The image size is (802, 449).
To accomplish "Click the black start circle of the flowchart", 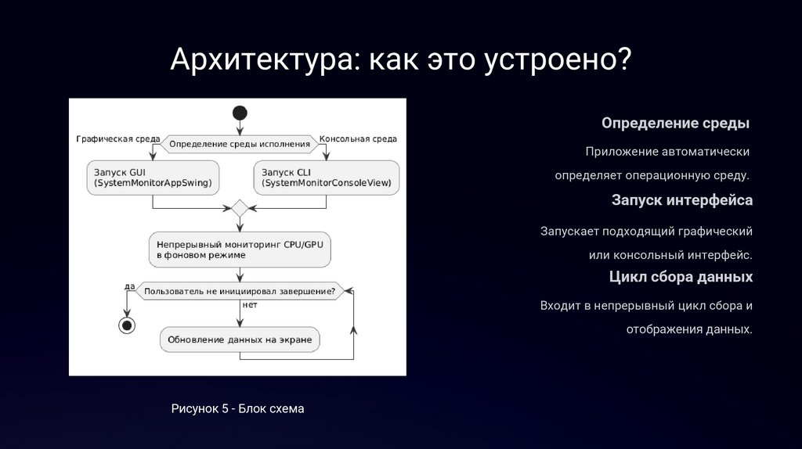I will click(240, 113).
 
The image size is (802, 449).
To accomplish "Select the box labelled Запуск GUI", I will click(153, 178).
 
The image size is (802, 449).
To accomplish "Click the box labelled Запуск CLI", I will click(326, 178).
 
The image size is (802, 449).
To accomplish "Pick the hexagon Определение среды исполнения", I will click(240, 144).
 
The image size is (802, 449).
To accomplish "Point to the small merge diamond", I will click(240, 208).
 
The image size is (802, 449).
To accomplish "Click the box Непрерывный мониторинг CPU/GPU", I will click(240, 250).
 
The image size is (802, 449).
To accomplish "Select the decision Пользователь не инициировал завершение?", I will click(240, 292).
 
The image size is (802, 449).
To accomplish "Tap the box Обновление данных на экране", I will click(240, 339).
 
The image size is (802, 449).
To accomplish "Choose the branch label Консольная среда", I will click(358, 139).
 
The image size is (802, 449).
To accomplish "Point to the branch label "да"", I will click(130, 286).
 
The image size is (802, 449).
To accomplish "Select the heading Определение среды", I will click(675, 124).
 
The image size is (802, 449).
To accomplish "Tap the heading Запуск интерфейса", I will click(682, 200).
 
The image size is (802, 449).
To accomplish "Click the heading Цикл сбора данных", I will click(681, 277).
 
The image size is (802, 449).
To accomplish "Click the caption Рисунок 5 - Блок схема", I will click(237, 408).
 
